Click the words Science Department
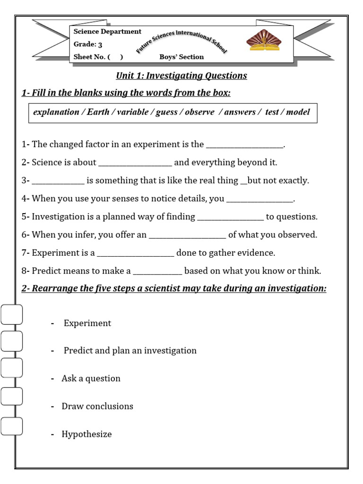[107, 32]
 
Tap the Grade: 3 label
[88, 45]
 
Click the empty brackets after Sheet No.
[115, 57]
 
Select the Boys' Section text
[181, 57]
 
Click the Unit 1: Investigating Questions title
[181, 76]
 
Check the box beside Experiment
[12, 314]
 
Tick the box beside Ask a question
[12, 368]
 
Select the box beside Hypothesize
[12, 426]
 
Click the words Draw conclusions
[97, 406]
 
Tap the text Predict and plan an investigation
[130, 351]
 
